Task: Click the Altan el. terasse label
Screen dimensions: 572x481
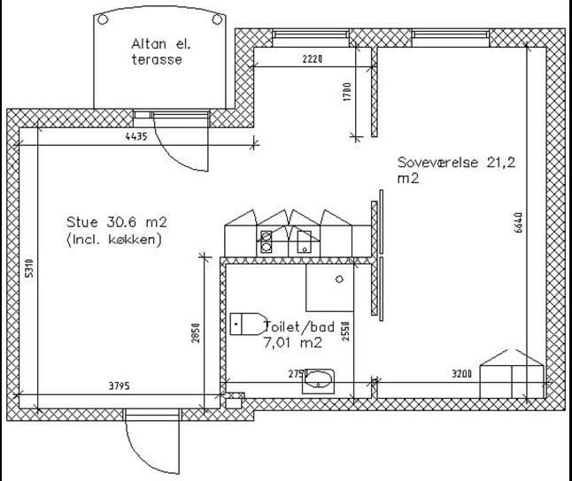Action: [160, 52]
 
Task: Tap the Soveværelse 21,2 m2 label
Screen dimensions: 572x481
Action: [456, 170]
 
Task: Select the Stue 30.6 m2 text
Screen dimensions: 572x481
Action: [117, 222]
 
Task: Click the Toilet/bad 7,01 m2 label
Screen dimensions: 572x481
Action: [299, 334]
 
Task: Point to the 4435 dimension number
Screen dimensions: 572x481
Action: [136, 137]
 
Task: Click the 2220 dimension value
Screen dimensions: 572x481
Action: [313, 58]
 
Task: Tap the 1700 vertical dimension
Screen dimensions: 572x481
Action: [347, 91]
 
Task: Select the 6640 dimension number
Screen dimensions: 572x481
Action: [518, 223]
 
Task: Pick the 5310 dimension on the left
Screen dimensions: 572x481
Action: [29, 268]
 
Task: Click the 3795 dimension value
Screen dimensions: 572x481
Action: [120, 386]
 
